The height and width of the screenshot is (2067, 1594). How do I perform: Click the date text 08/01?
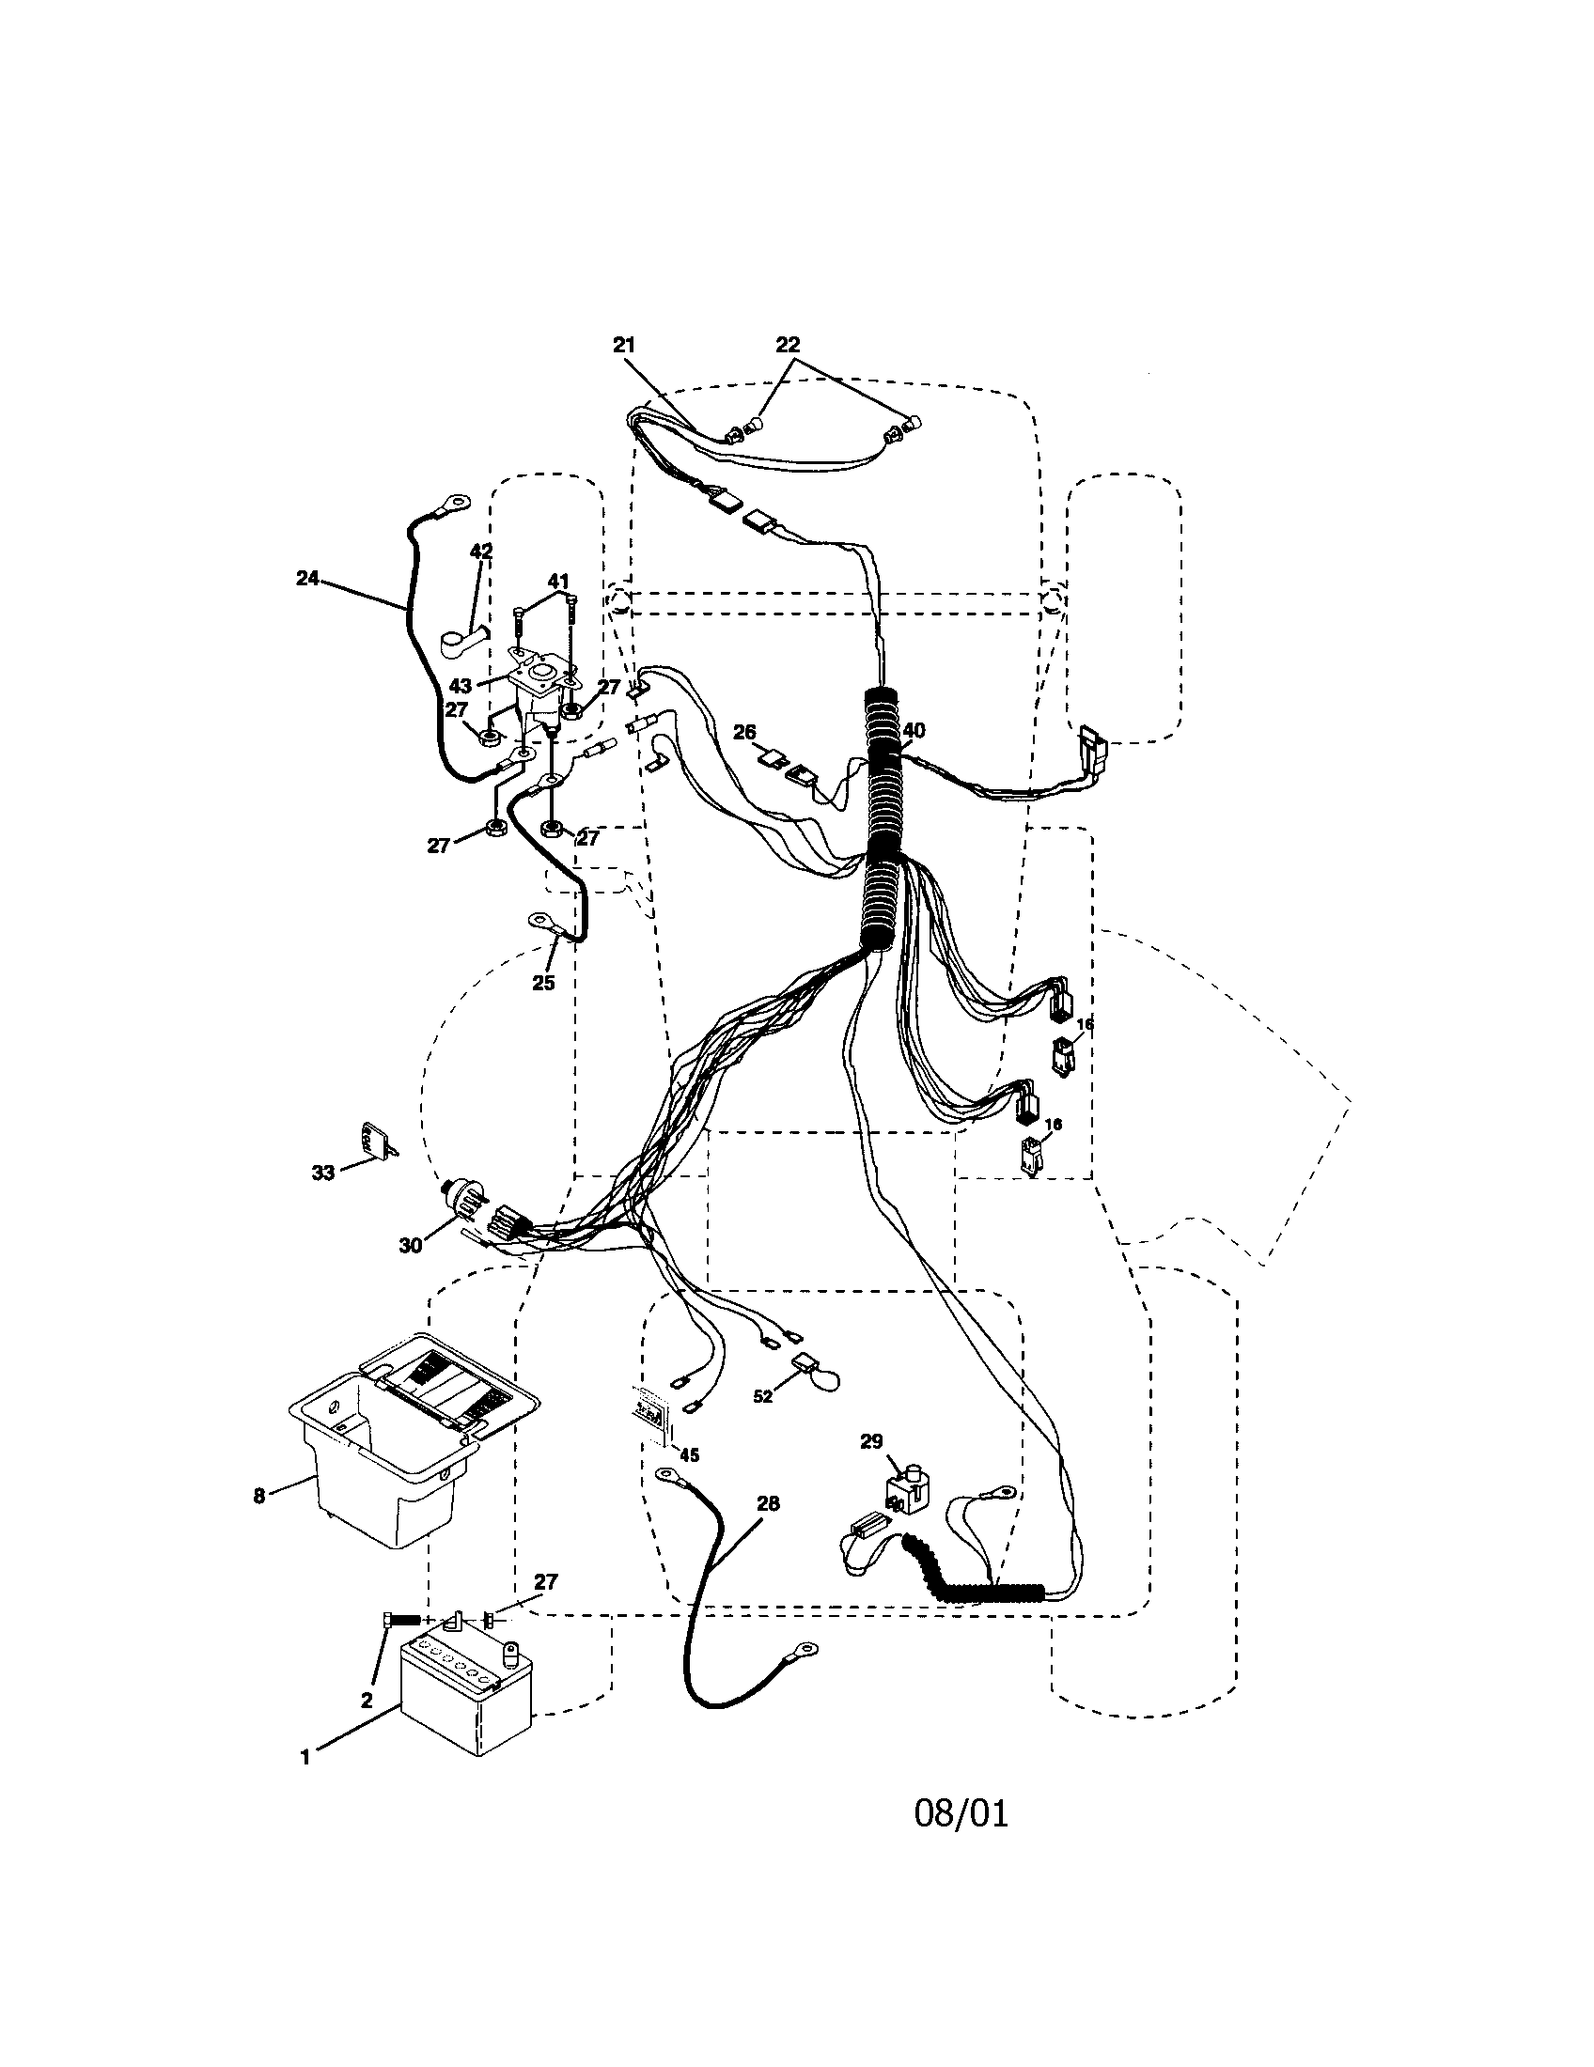click(x=961, y=1813)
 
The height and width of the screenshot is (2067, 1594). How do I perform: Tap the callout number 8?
click(x=259, y=1497)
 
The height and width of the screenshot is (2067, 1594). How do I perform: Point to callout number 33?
click(x=323, y=1173)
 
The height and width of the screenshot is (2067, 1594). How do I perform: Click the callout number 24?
click(x=306, y=578)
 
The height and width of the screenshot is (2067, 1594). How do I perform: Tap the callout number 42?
click(x=480, y=552)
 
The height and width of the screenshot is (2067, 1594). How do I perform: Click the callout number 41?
click(x=557, y=581)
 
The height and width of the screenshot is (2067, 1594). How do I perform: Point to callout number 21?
click(x=624, y=346)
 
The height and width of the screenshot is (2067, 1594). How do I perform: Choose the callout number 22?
click(x=788, y=346)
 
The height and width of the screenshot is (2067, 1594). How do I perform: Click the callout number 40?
click(x=914, y=730)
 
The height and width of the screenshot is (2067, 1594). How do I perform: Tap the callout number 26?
click(x=745, y=732)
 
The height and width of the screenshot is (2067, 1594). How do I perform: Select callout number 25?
click(x=543, y=983)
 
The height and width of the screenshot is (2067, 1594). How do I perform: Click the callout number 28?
click(x=769, y=1503)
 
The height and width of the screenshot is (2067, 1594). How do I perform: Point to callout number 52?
click(x=763, y=1396)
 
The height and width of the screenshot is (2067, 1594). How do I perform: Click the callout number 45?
click(x=689, y=1455)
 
